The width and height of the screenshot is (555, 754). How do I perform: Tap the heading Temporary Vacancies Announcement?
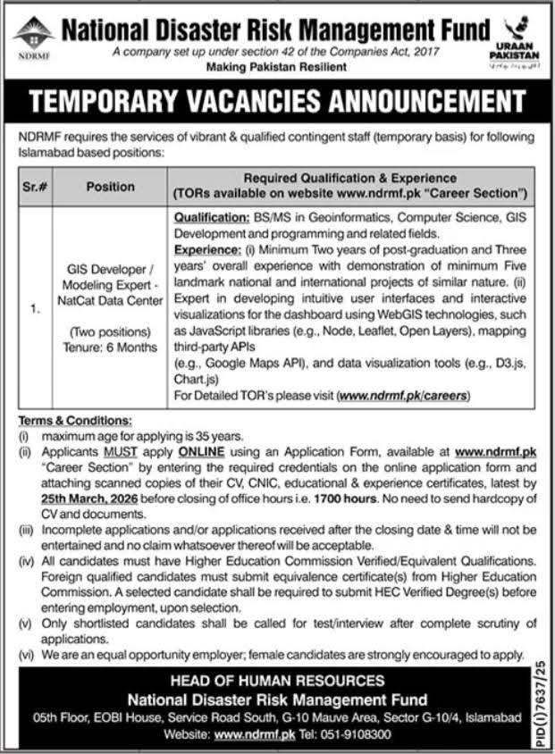tap(277, 102)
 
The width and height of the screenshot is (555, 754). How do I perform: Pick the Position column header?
tap(111, 187)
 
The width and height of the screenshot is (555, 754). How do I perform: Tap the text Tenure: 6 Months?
tap(111, 347)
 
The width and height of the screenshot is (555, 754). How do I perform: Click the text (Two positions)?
tap(111, 332)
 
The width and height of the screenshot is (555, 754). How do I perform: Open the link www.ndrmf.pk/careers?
tap(403, 394)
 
